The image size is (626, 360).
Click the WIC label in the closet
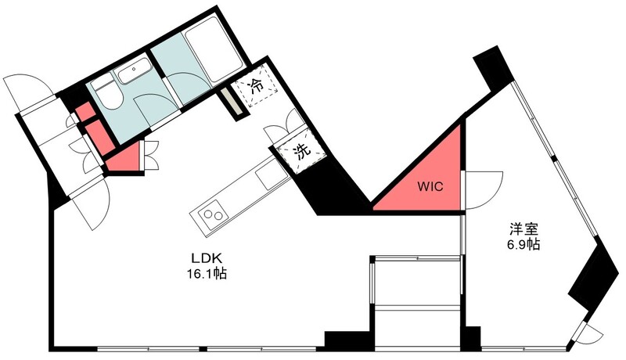(x=430, y=186)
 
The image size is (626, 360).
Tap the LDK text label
(x=207, y=258)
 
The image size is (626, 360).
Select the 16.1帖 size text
(x=207, y=274)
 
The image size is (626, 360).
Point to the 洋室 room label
(x=523, y=229)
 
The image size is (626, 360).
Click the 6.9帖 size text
(x=523, y=244)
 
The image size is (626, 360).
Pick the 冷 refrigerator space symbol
(x=256, y=85)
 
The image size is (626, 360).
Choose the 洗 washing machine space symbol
(x=302, y=151)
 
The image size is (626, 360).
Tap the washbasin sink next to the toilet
(x=132, y=71)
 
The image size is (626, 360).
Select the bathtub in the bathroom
(x=213, y=50)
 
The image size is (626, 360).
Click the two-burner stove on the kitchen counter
(x=210, y=214)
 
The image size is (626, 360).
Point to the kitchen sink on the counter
(x=269, y=177)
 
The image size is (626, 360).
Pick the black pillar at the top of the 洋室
(x=492, y=68)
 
